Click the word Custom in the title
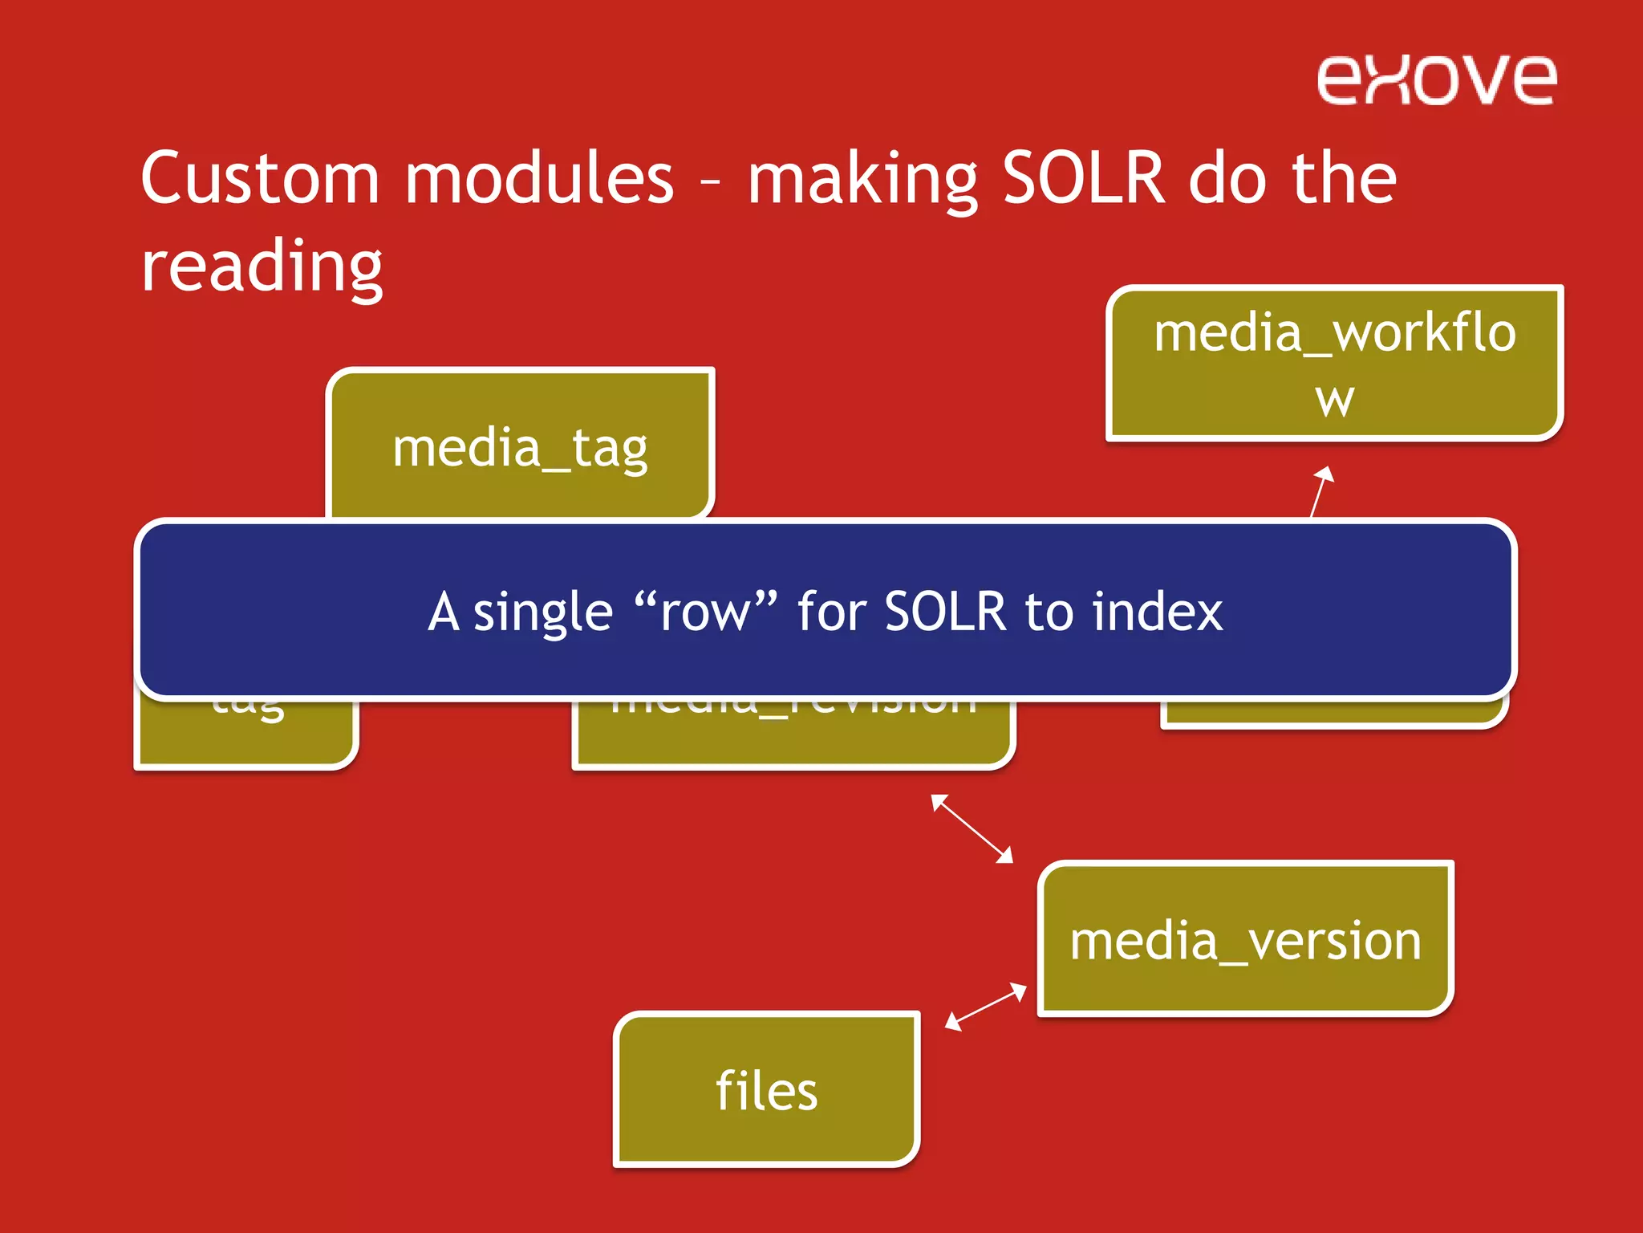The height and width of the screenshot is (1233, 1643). coord(259,178)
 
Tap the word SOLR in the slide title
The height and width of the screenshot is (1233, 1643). coord(1082,178)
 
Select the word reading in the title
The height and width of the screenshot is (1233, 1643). coord(262,267)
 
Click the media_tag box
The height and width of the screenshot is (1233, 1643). coord(520,447)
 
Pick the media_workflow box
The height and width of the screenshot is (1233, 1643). coord(1334,363)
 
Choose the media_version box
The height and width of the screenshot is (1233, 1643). coord(1245,939)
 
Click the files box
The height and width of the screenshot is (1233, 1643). coord(766,1090)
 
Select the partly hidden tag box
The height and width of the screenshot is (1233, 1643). coord(245,735)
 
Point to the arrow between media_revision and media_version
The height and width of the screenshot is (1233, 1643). coord(972,828)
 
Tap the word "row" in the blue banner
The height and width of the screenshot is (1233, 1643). coord(705,612)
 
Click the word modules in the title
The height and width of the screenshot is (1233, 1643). coord(539,178)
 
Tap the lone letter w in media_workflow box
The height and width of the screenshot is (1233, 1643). coord(1334,399)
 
